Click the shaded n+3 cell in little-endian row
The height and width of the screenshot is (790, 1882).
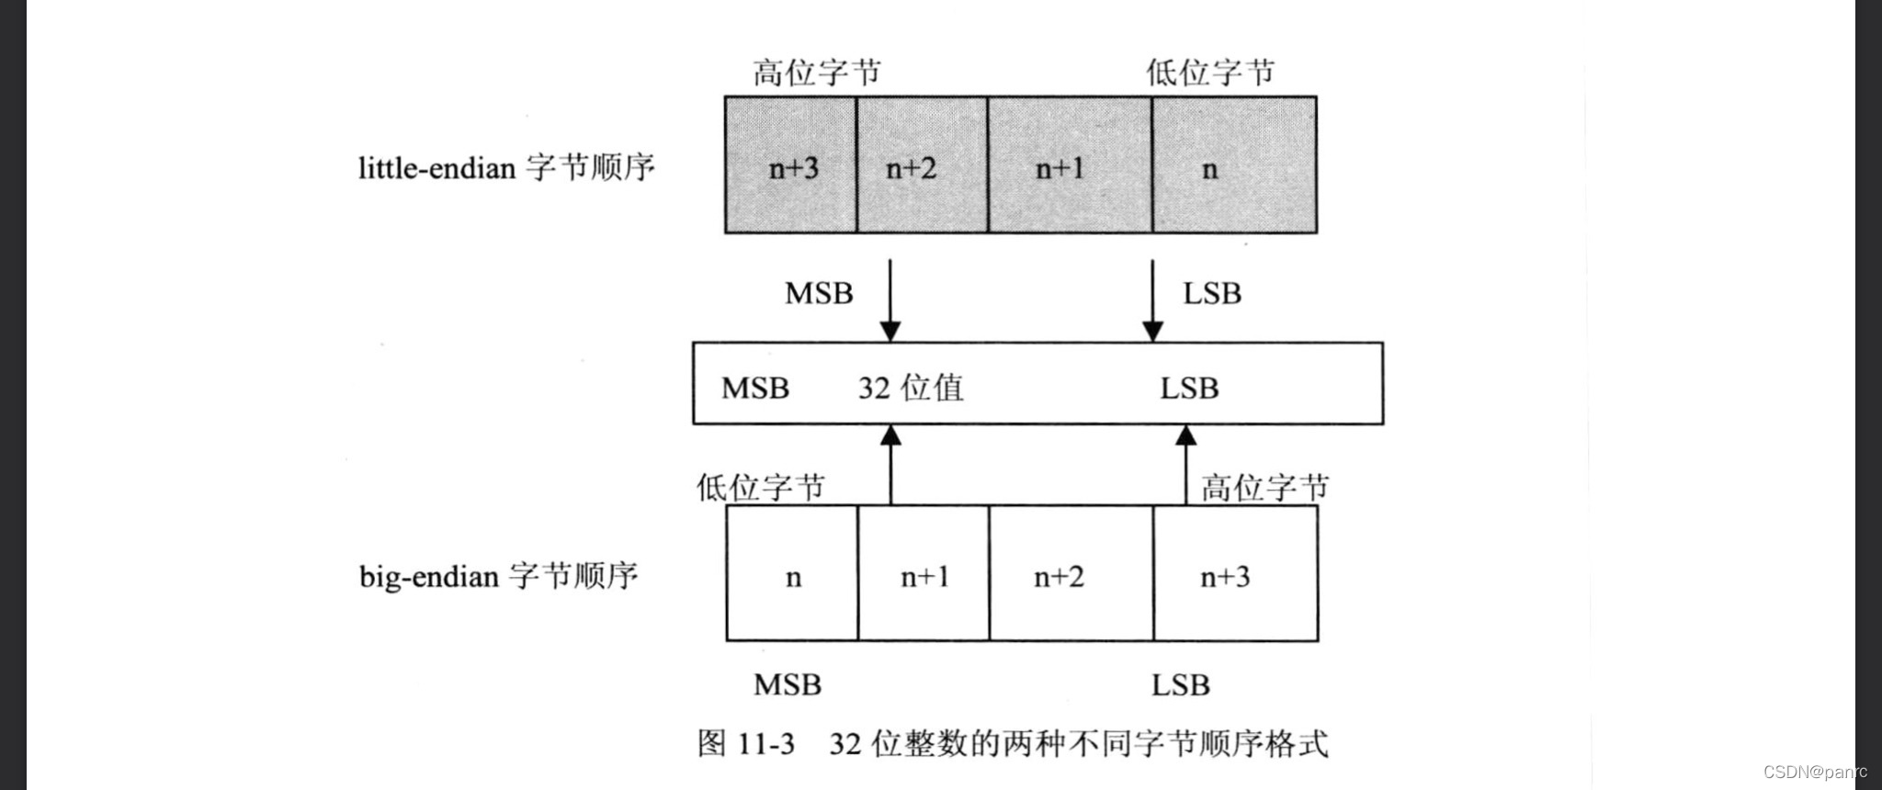(x=791, y=165)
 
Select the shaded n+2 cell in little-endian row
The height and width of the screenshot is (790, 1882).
(x=922, y=165)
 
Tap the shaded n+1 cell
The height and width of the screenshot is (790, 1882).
(x=1069, y=165)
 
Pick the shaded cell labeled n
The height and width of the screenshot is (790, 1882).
(x=1233, y=165)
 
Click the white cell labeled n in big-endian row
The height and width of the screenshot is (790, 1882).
(x=792, y=574)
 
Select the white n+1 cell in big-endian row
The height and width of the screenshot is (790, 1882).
(x=924, y=574)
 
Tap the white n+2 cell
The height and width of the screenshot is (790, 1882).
(x=1071, y=574)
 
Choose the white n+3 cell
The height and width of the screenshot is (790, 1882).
(x=1235, y=574)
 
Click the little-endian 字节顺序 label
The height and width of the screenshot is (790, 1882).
(x=506, y=168)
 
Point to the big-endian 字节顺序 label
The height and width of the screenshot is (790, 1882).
(x=498, y=576)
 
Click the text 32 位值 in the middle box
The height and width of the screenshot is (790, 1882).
(x=911, y=388)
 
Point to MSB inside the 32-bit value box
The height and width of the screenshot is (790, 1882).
(x=755, y=388)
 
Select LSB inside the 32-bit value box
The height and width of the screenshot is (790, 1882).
(x=1189, y=388)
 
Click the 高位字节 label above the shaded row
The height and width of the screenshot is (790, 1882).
(x=817, y=72)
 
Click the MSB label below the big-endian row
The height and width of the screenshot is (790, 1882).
(x=788, y=684)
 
